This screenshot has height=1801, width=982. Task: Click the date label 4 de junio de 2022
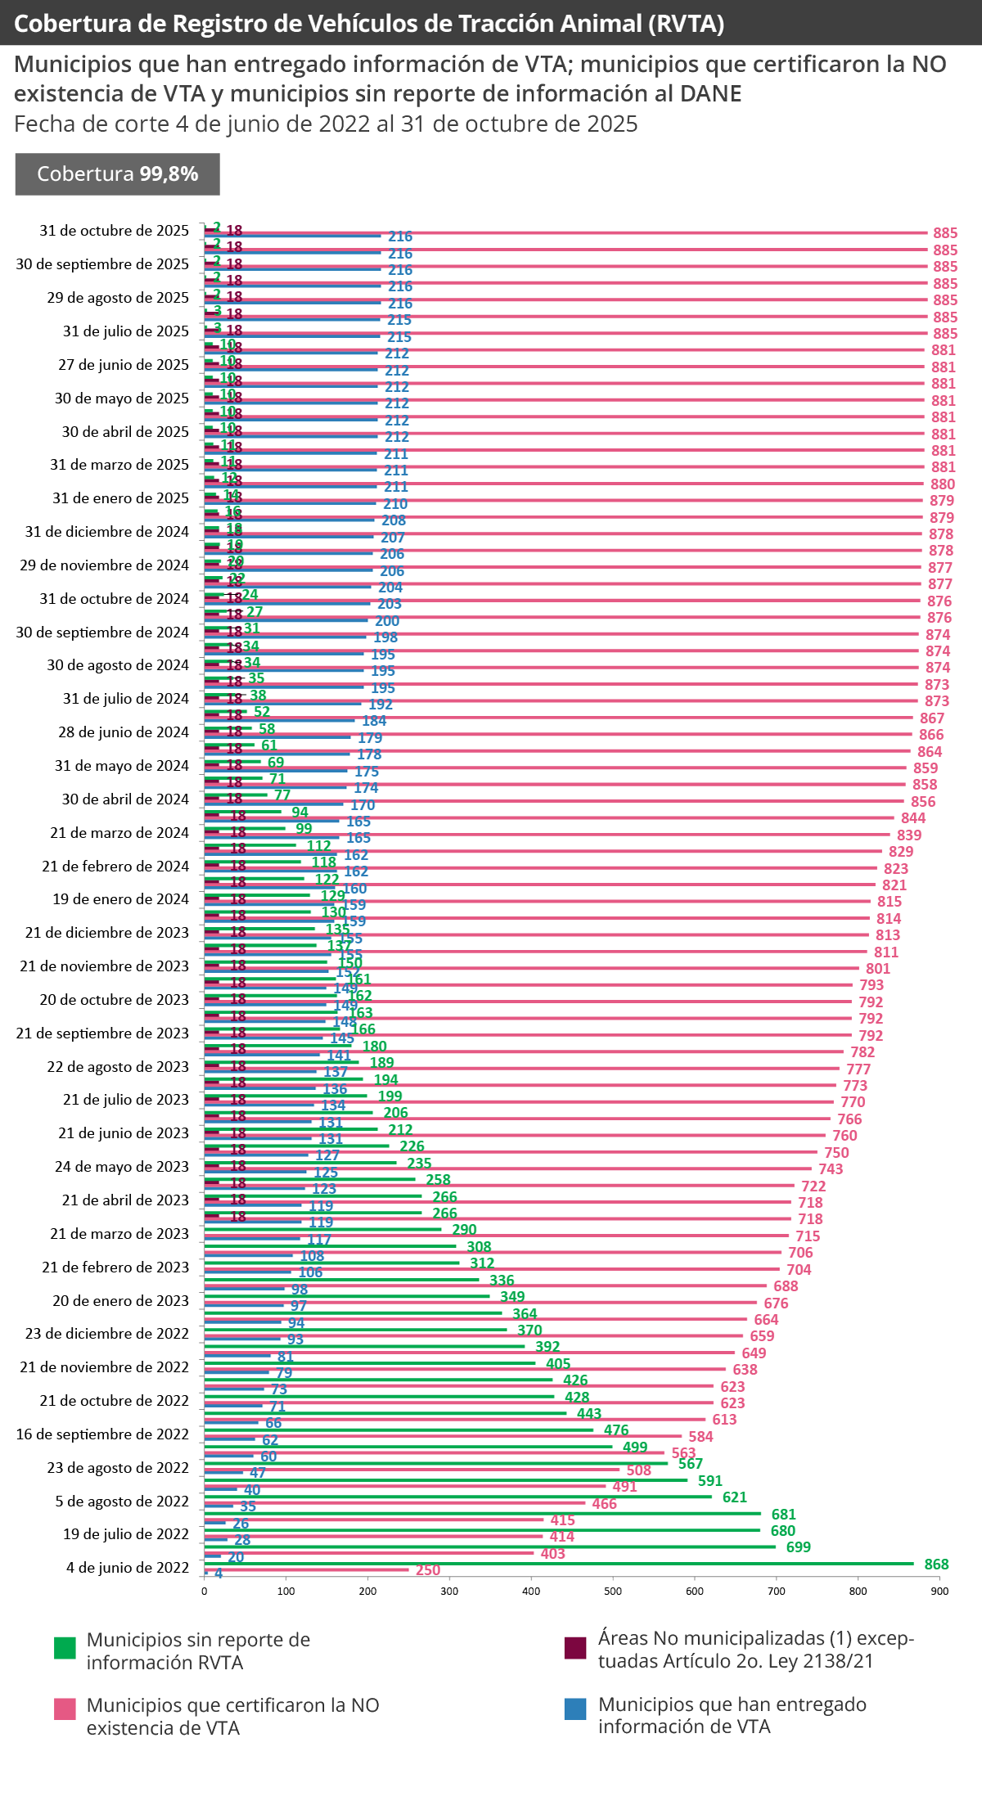pos(128,1568)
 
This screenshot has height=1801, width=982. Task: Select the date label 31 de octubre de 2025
pos(115,231)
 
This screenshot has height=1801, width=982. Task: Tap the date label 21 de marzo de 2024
pos(119,833)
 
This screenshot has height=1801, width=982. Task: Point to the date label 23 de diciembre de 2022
pos(107,1334)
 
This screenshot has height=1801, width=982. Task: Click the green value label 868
pos(936,1565)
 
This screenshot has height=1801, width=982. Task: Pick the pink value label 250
pos(428,1570)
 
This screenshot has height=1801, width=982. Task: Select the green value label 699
pos(798,1547)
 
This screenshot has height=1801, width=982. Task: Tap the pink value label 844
pos(913,818)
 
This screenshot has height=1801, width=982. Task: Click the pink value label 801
pos(878,969)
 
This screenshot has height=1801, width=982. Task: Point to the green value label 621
pos(734,1497)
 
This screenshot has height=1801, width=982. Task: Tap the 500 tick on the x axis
pos(613,1592)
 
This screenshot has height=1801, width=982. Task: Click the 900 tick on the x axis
pos(939,1592)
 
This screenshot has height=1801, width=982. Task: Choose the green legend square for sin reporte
pos(65,1648)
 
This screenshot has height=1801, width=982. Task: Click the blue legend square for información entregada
pos(575,1709)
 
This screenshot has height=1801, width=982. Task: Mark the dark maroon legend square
pos(575,1648)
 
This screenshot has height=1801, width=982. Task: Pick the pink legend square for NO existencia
pos(65,1709)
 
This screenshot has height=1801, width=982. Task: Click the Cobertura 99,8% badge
pos(118,174)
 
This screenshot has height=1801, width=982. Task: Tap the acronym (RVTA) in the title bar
pos(686,24)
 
